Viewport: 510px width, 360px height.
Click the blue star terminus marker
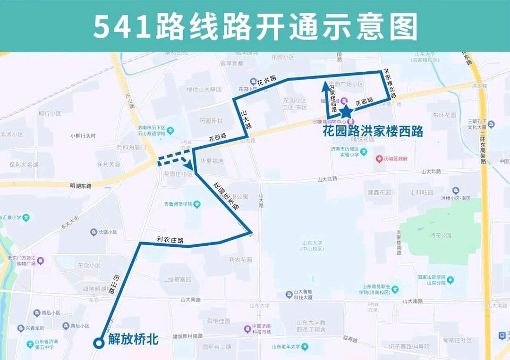pos(346,112)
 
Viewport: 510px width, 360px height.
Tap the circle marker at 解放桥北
pos(99,343)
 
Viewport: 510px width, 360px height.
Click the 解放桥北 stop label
pos(132,339)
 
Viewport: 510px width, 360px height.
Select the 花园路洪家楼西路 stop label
pos(373,131)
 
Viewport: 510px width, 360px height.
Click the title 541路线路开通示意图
pos(255,26)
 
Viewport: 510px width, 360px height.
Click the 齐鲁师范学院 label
pos(178,204)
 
